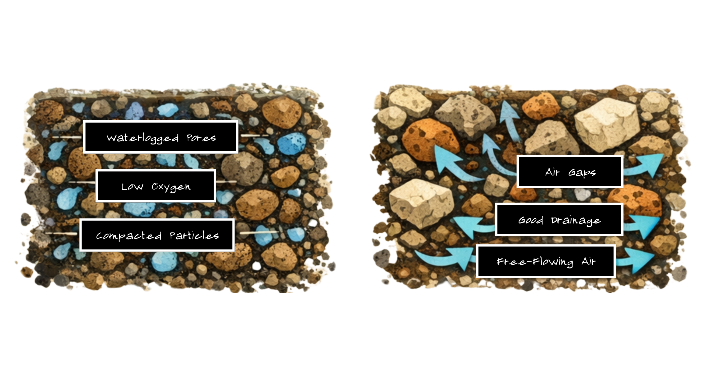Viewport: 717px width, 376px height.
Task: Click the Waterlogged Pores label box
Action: [x=161, y=137]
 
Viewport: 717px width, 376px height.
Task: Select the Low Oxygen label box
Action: [x=156, y=186]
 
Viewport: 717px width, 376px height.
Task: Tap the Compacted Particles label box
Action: [x=157, y=235]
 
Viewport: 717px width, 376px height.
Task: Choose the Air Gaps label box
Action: [x=570, y=172]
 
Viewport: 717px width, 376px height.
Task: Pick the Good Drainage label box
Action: [x=559, y=220]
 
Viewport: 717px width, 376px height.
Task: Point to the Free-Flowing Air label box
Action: [x=546, y=261]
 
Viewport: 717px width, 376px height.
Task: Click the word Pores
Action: [x=201, y=138]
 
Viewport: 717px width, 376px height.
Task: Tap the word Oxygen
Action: [x=171, y=187]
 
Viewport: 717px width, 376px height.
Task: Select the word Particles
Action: [x=194, y=235]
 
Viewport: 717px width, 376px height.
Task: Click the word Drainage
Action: [x=576, y=220]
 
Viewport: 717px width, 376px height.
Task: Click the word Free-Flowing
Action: [x=535, y=262]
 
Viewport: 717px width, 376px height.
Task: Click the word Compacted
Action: [x=129, y=235]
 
